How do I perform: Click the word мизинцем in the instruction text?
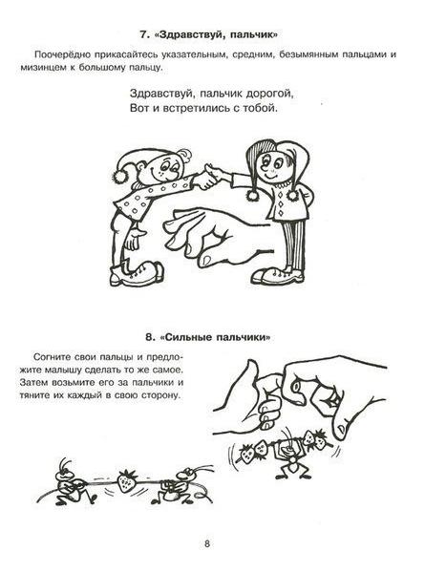coord(53,71)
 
